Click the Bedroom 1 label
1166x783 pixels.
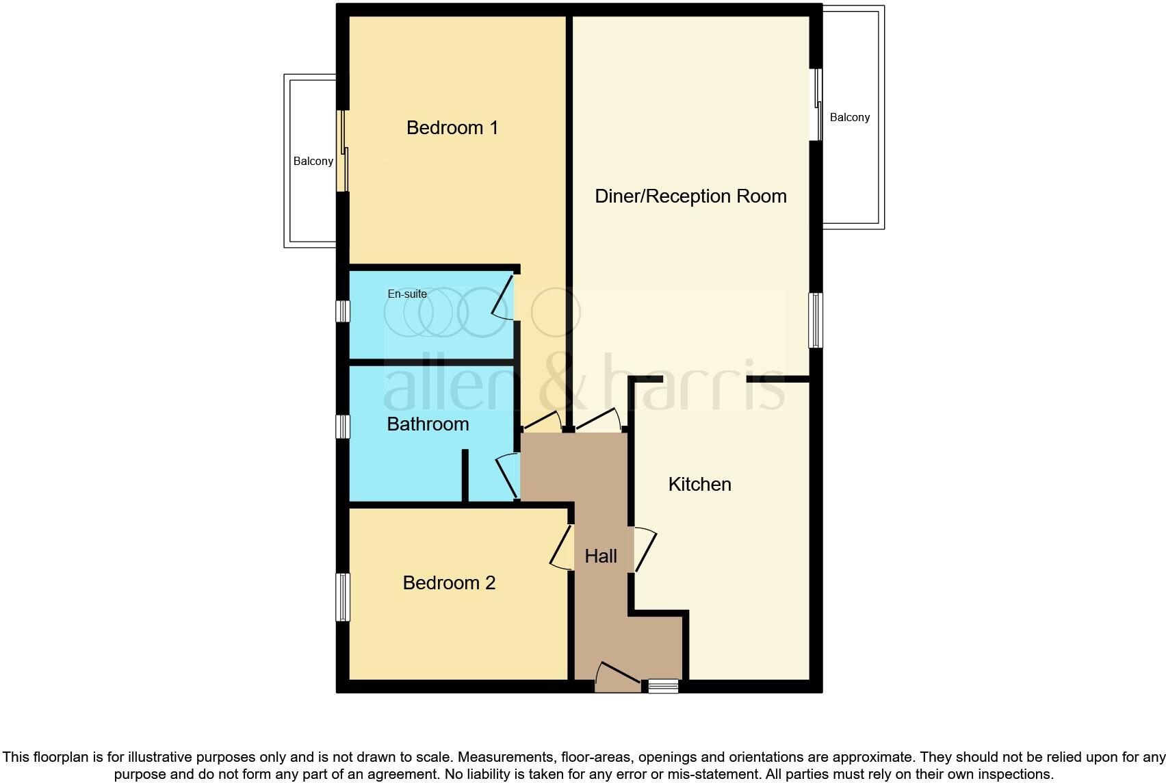coord(452,128)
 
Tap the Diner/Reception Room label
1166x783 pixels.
coord(690,196)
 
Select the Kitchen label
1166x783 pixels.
coord(699,485)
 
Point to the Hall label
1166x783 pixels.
coord(601,556)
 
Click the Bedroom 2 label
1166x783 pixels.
coord(449,583)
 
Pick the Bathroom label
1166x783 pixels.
coord(428,424)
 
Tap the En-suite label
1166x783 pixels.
coord(407,294)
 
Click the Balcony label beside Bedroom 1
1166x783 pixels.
coord(313,162)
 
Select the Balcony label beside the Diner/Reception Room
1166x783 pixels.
coord(849,118)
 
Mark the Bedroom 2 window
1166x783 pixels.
coord(343,597)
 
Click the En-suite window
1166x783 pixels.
coord(343,311)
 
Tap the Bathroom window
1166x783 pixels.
coord(343,426)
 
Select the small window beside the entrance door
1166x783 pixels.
coord(663,685)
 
